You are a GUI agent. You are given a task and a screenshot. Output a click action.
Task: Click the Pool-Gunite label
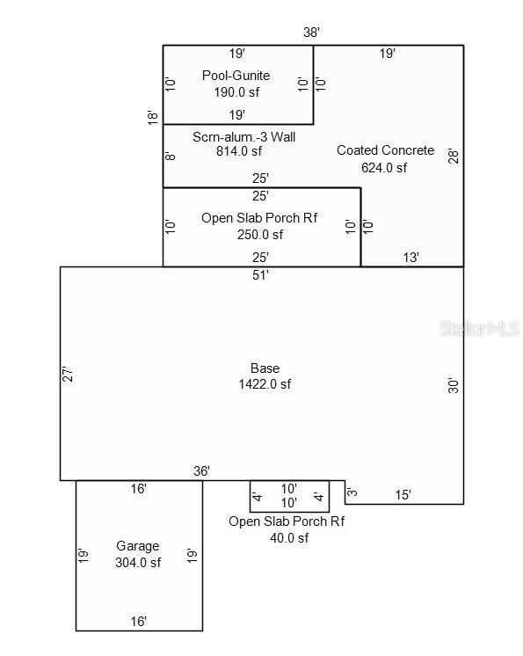coord(236,76)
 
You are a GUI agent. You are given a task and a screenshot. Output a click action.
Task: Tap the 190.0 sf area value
coord(236,92)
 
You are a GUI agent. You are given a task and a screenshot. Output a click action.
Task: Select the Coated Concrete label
coord(386,150)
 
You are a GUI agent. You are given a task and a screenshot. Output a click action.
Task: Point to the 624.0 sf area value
coord(384,168)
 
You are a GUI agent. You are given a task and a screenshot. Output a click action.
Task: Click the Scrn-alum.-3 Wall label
coord(243,137)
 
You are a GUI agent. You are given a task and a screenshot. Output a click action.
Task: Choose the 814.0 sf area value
coord(239,151)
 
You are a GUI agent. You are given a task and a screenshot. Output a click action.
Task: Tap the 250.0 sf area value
coord(260,235)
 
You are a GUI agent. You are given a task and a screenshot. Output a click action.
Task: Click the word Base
coord(265,368)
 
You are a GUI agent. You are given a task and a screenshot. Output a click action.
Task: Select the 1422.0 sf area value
coord(265,384)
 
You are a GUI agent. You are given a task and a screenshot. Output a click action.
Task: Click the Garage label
coord(137,546)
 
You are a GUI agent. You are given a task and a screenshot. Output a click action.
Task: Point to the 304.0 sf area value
coord(138,563)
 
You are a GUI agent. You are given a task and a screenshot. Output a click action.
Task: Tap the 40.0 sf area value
coord(289,538)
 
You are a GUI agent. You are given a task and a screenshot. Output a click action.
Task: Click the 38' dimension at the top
coord(311,33)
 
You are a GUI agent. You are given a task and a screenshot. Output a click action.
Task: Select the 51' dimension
coord(260,275)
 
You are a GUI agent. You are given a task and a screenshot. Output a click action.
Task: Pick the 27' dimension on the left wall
coord(68,374)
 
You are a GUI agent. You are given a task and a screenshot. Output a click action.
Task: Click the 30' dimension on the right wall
coord(454,385)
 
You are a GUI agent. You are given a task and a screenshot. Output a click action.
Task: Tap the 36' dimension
coord(201,471)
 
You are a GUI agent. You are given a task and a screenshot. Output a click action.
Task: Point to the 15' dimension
coord(403,495)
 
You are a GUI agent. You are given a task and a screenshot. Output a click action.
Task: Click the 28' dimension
coord(454,156)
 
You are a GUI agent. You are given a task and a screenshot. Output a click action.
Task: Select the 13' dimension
coord(411,258)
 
